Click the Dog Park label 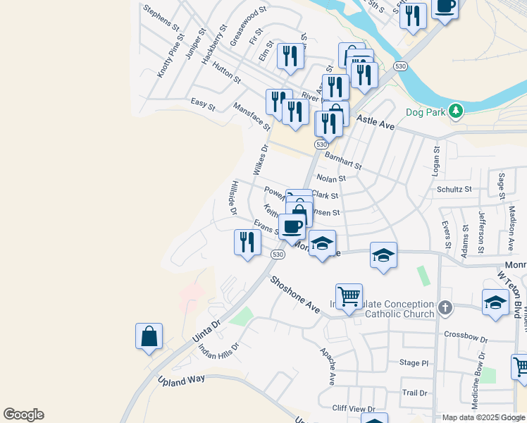click(426, 111)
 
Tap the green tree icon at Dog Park click(456, 110)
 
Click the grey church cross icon click(445, 307)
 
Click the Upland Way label click(180, 381)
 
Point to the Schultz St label click(454, 189)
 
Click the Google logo click(23, 415)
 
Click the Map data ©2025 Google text click(483, 417)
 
